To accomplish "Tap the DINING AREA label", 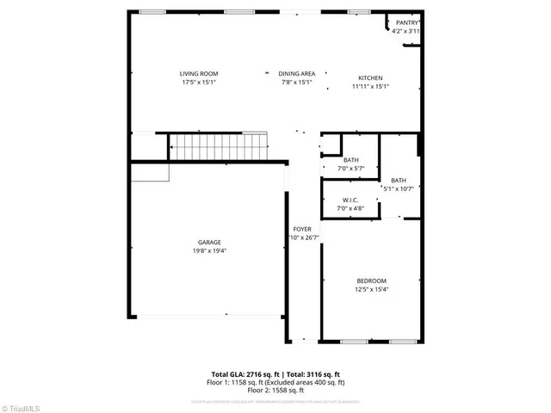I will pos(297,74).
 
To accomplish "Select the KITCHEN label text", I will pos(370,78).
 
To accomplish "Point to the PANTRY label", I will pos(406,22).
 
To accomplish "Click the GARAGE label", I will pos(209,243).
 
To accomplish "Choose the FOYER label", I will pos(301,229).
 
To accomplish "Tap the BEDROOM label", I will pos(372,280).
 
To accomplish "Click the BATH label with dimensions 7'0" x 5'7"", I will pos(350,160).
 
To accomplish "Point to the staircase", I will pos(219,147).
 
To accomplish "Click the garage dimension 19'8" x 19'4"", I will pos(209,251).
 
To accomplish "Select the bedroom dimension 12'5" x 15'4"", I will pos(372,290).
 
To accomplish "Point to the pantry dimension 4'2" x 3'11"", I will pos(406,31).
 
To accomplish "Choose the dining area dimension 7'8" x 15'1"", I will pos(297,83).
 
